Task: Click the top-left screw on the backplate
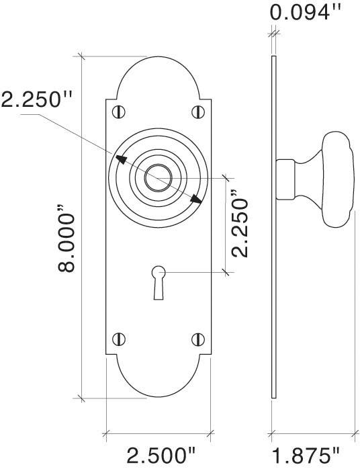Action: coord(119,110)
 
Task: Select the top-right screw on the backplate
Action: coord(198,110)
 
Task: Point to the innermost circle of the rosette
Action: coord(159,176)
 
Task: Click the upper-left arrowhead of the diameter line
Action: coord(121,159)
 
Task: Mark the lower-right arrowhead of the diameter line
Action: coord(197,198)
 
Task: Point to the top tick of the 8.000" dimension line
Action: coord(82,57)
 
